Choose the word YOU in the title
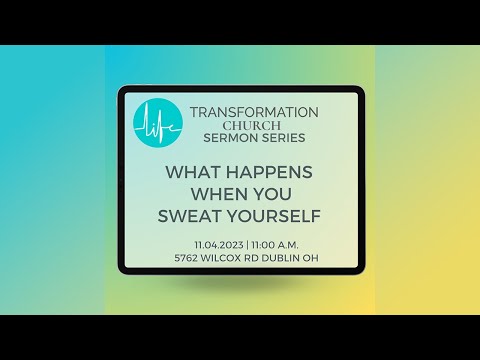(x=273, y=193)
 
